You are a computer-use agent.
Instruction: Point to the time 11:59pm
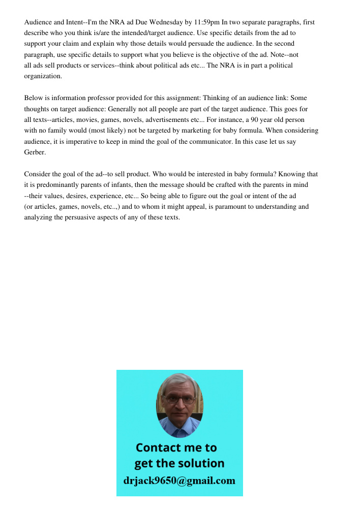[206, 22]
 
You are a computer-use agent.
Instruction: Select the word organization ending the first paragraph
[43, 76]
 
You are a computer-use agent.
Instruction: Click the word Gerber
[35, 152]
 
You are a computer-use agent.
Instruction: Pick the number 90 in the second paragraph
[257, 119]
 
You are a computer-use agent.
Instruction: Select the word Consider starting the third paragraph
[37, 174]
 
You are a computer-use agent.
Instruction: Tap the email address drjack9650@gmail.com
[179, 481]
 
